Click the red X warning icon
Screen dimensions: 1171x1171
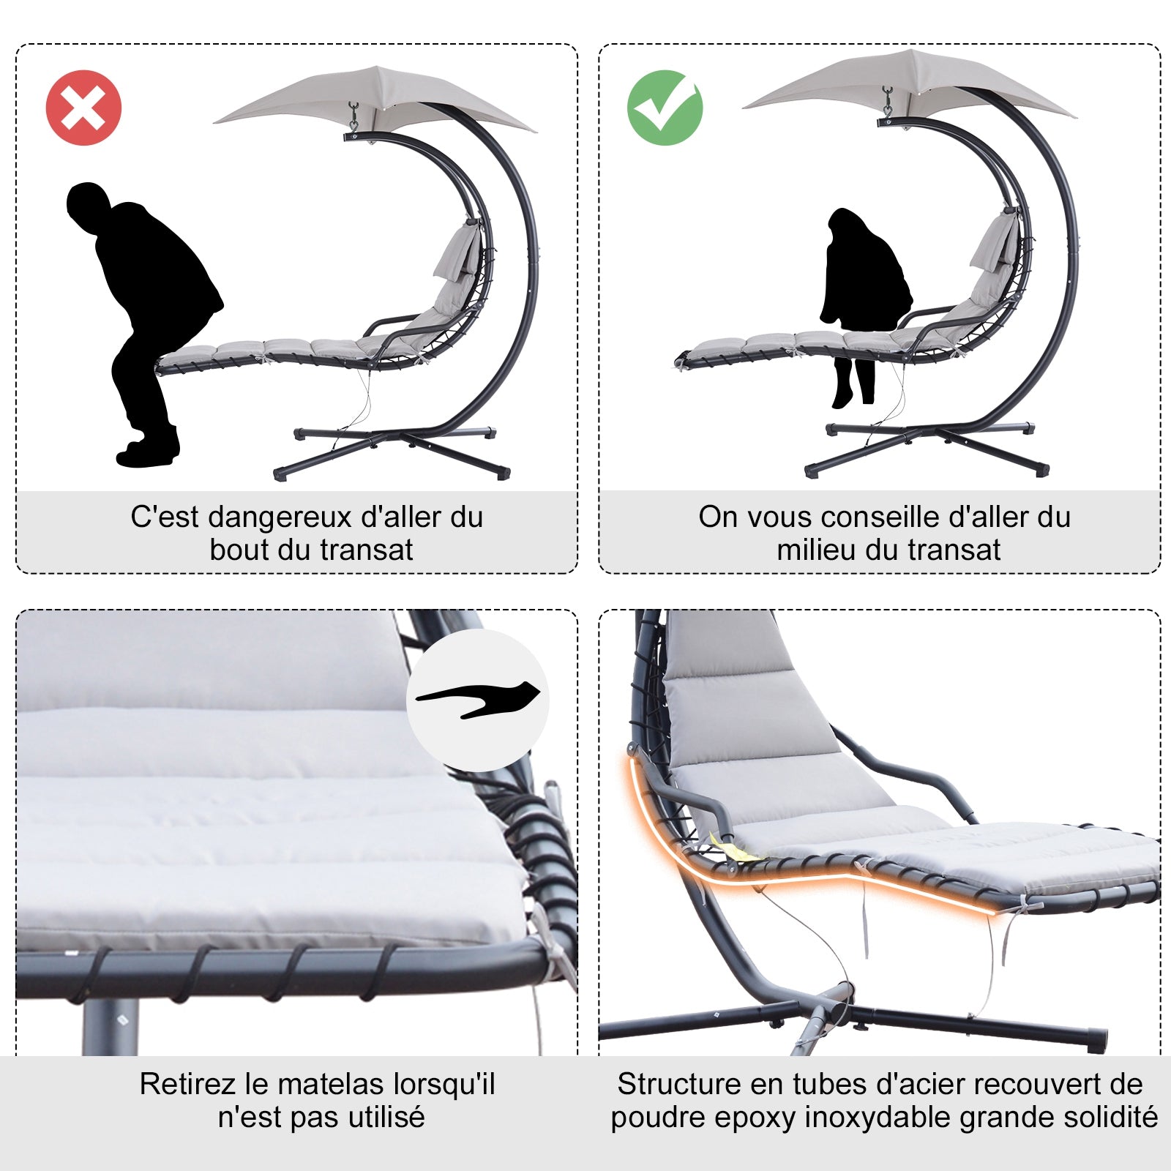pos(83,108)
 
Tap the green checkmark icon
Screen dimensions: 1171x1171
pos(665,108)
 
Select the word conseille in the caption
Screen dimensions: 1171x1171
pos(884,517)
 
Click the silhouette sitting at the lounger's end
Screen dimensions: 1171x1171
pos(144,323)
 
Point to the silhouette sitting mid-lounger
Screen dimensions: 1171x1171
pos(867,306)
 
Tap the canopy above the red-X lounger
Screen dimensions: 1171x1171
pos(375,99)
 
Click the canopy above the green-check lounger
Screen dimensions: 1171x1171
pos(910,82)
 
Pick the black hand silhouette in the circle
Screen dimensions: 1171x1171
pos(478,699)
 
